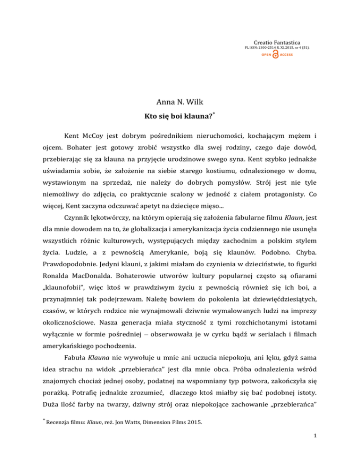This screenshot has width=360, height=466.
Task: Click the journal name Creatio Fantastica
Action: tap(278, 41)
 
